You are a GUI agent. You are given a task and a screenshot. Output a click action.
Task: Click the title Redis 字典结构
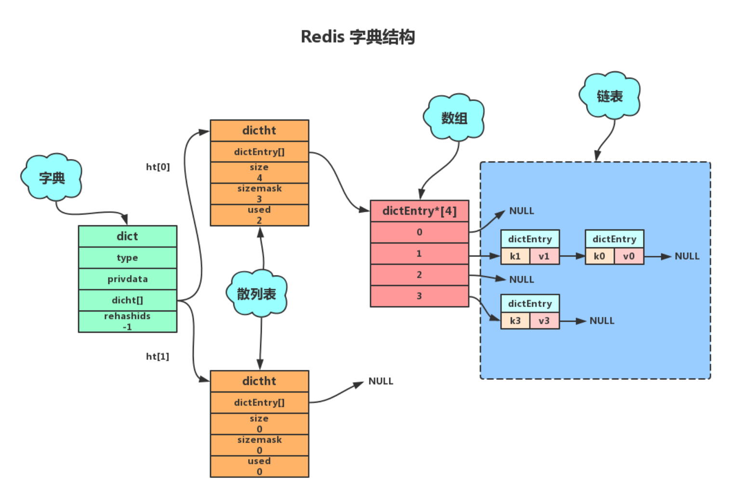coord(358,37)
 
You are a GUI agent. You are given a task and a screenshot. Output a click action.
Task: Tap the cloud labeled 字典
coord(52,178)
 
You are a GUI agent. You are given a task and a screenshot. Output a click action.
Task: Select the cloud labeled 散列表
coord(256,294)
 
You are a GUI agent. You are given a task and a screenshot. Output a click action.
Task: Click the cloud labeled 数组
coord(454,118)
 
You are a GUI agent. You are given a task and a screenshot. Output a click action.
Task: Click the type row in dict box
coord(127,258)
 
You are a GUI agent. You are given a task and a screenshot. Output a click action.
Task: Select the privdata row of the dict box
coord(127,279)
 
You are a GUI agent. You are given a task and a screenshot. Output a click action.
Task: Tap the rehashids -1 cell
coord(127,321)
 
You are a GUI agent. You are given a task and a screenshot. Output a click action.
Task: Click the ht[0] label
coord(158,167)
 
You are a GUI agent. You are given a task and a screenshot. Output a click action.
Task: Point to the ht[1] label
coord(158,356)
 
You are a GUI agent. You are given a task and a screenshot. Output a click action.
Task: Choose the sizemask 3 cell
coord(259,193)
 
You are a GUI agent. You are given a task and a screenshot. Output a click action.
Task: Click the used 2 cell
coord(259,215)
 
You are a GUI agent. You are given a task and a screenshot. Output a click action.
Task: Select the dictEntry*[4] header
coord(419,211)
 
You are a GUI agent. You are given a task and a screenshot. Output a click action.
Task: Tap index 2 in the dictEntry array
coord(419,274)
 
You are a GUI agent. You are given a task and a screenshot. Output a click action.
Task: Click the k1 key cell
coord(515,256)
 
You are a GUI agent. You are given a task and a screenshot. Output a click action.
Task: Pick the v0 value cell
coord(629,256)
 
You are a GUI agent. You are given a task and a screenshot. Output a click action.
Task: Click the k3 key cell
coord(515,321)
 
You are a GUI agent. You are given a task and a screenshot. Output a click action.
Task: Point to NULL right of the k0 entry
coord(687,256)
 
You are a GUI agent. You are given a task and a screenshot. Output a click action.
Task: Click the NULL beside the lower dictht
coord(381,381)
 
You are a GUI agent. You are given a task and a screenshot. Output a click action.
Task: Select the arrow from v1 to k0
coord(572,256)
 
